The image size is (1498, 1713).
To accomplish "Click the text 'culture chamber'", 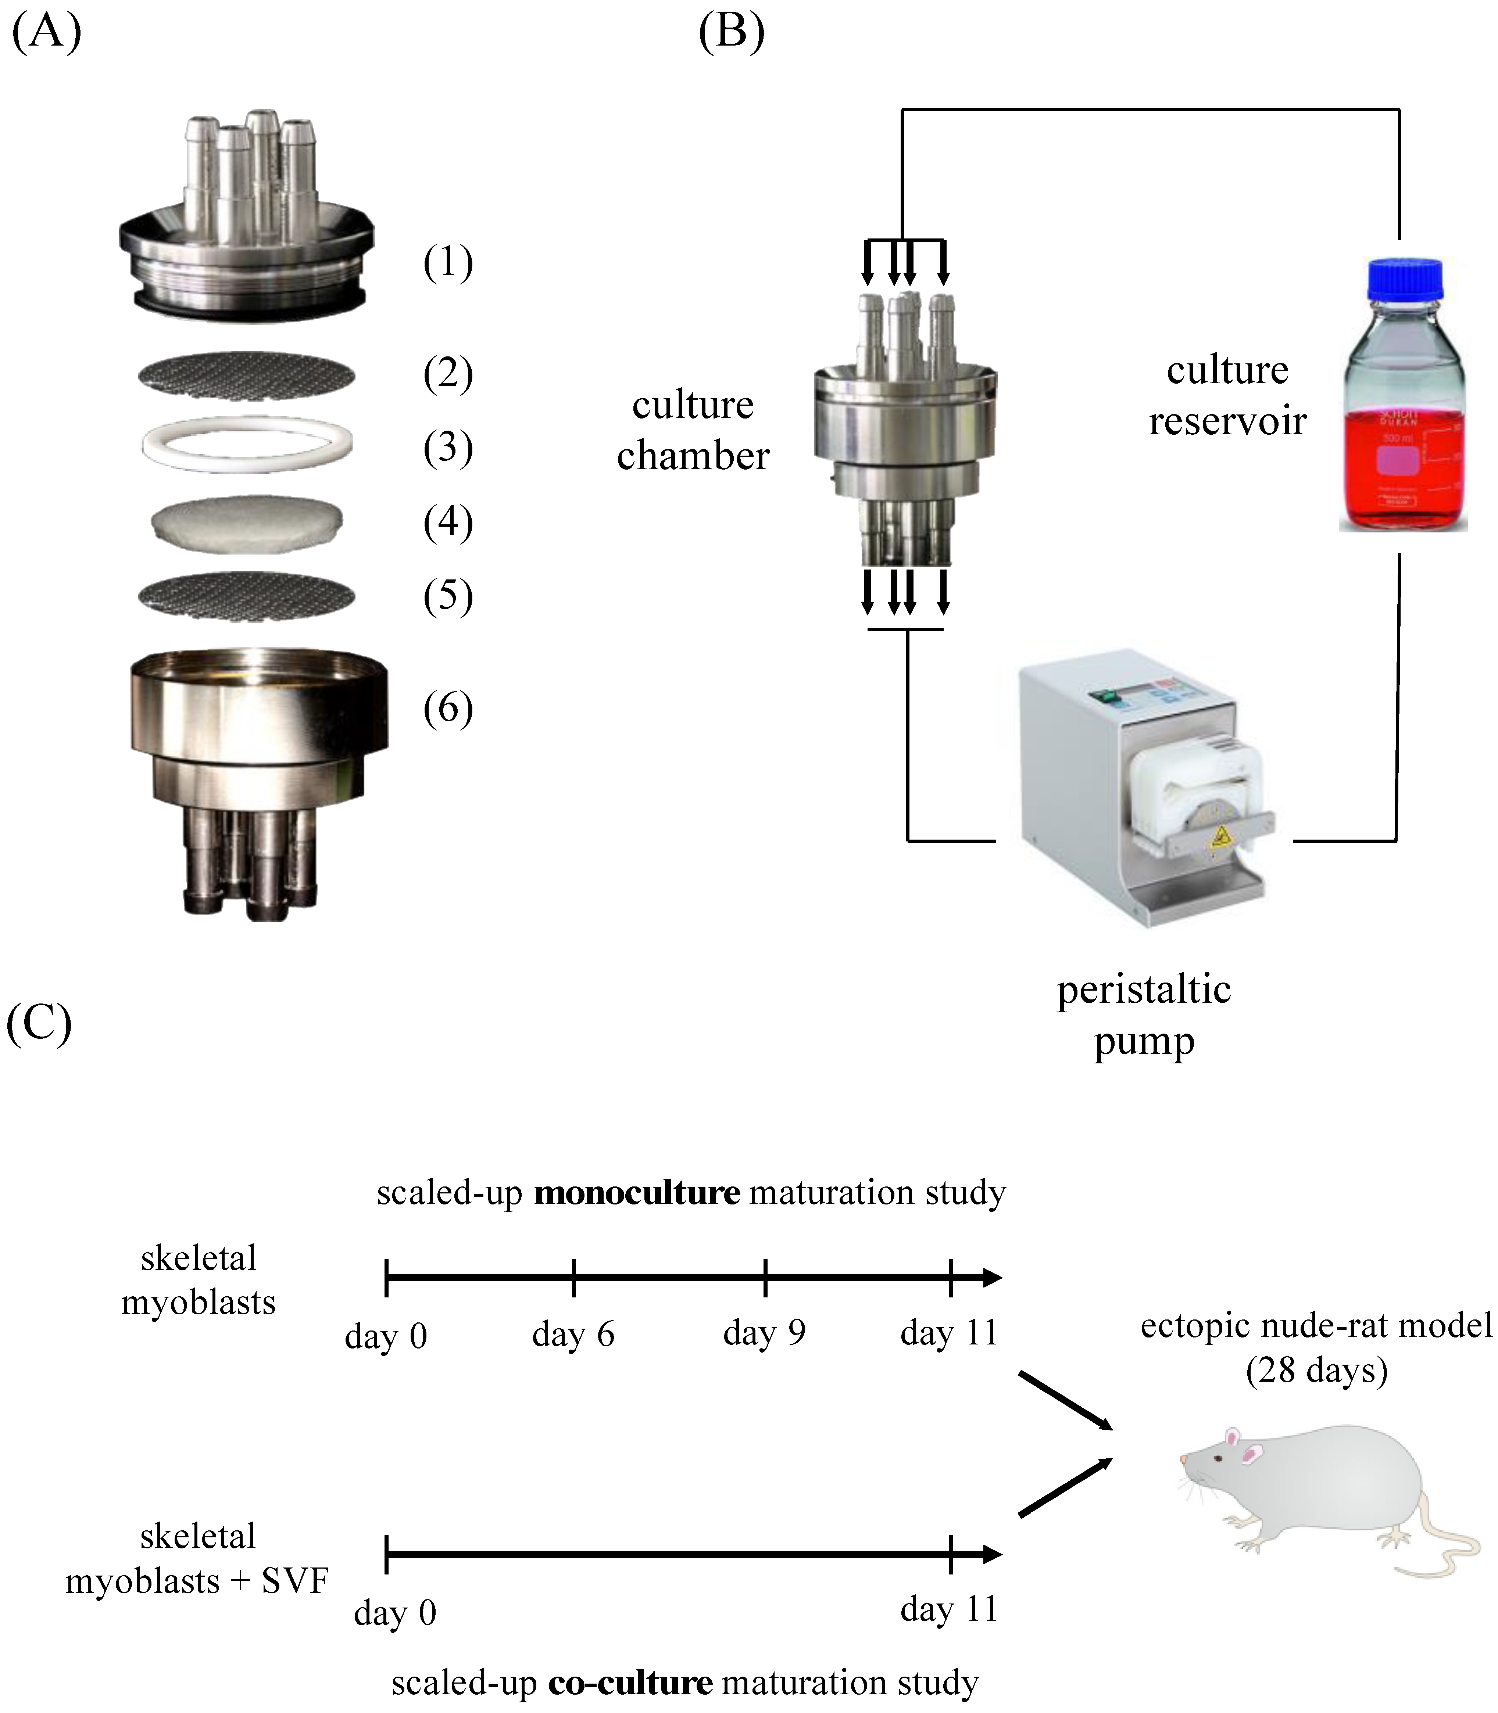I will pyautogui.click(x=693, y=430).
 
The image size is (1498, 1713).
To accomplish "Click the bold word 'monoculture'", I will pyautogui.click(x=637, y=1192).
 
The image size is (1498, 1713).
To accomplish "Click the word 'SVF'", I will pyautogui.click(x=294, y=1580).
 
